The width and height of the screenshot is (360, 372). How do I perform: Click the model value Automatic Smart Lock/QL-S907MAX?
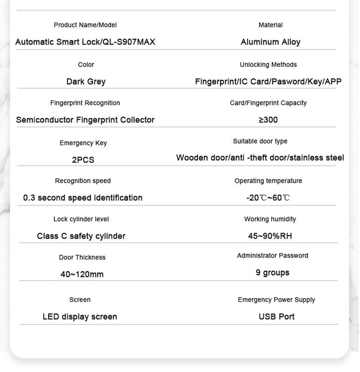[85, 42]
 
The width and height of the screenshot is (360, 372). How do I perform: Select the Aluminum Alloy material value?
[270, 42]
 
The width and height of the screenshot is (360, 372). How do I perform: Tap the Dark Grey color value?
[86, 81]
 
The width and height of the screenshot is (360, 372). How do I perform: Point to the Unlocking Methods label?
[268, 65]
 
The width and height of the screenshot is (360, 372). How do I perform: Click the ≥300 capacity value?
[268, 120]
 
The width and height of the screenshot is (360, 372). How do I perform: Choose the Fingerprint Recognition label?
[85, 103]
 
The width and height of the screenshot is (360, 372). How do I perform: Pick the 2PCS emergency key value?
[83, 160]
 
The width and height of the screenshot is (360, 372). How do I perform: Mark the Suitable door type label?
[260, 141]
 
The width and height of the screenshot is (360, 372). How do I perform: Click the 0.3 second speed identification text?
[83, 198]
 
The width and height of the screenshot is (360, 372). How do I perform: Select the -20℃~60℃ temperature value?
[268, 198]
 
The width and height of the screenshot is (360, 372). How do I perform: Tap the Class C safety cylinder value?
[81, 236]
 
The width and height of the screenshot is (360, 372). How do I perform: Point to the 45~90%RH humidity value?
[270, 236]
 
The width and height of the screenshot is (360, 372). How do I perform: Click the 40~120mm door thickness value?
[82, 274]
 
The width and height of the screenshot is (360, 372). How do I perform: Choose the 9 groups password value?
[272, 272]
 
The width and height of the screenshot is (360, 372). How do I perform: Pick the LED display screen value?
[80, 317]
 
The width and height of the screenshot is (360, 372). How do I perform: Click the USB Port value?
[276, 317]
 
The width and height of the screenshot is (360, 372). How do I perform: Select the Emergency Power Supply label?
[276, 300]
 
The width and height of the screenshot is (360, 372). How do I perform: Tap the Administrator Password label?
[272, 256]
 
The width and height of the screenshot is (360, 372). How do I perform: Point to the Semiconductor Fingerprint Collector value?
[85, 120]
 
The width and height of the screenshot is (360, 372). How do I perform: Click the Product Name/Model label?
[85, 25]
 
